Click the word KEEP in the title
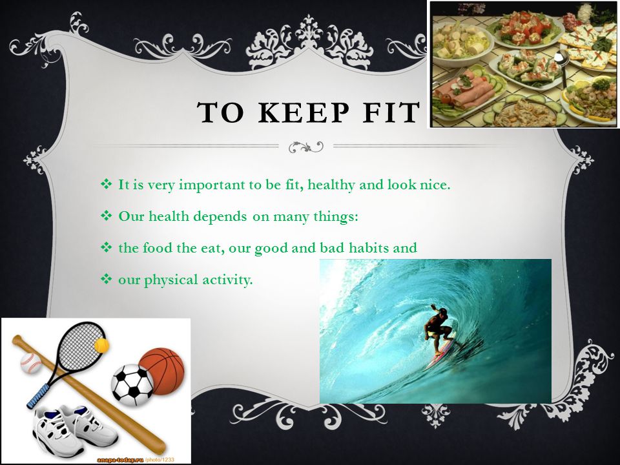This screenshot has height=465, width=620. click(304, 112)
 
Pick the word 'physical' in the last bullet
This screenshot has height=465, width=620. click(170, 280)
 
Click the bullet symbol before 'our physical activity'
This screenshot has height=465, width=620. click(107, 280)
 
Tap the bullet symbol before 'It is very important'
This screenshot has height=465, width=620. click(107, 184)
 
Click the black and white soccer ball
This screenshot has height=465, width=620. click(132, 385)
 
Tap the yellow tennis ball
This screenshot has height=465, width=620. click(101, 345)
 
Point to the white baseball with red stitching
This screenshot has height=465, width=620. click(31, 363)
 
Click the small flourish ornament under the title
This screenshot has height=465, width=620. click(305, 147)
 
